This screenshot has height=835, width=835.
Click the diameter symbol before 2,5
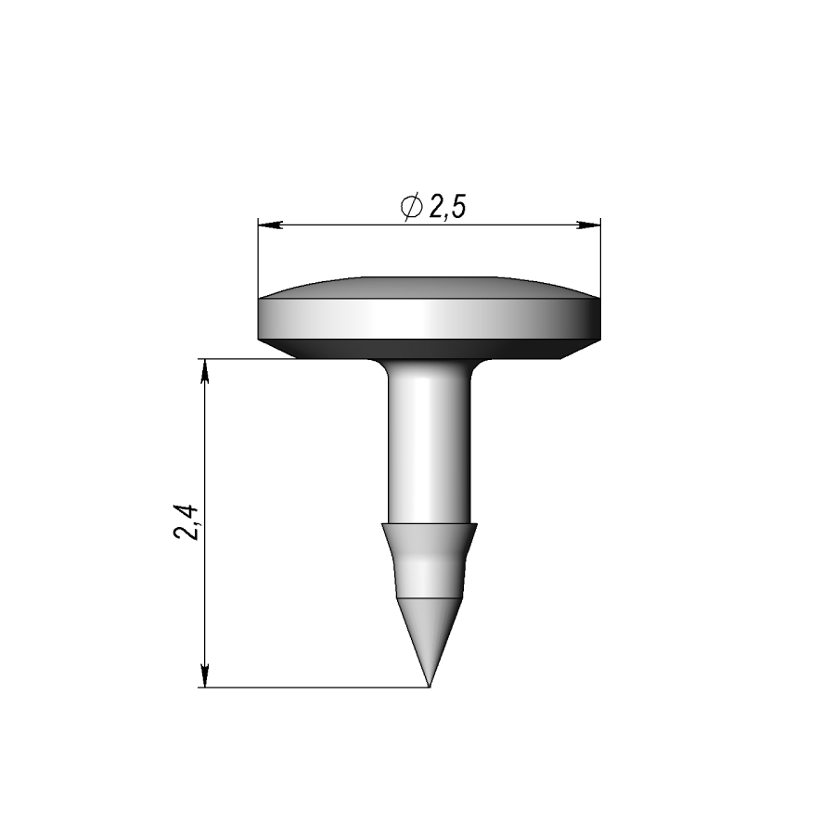(x=412, y=206)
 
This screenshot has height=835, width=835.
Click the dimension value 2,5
(x=447, y=207)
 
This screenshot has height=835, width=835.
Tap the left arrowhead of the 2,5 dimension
(x=270, y=225)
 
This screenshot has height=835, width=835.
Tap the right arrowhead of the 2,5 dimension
(x=588, y=225)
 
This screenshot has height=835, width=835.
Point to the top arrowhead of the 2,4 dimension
(x=204, y=371)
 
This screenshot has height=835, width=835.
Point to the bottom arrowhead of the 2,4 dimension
(x=204, y=675)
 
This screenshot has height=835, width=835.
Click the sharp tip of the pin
(x=430, y=687)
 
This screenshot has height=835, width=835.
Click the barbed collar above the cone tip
(x=430, y=559)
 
